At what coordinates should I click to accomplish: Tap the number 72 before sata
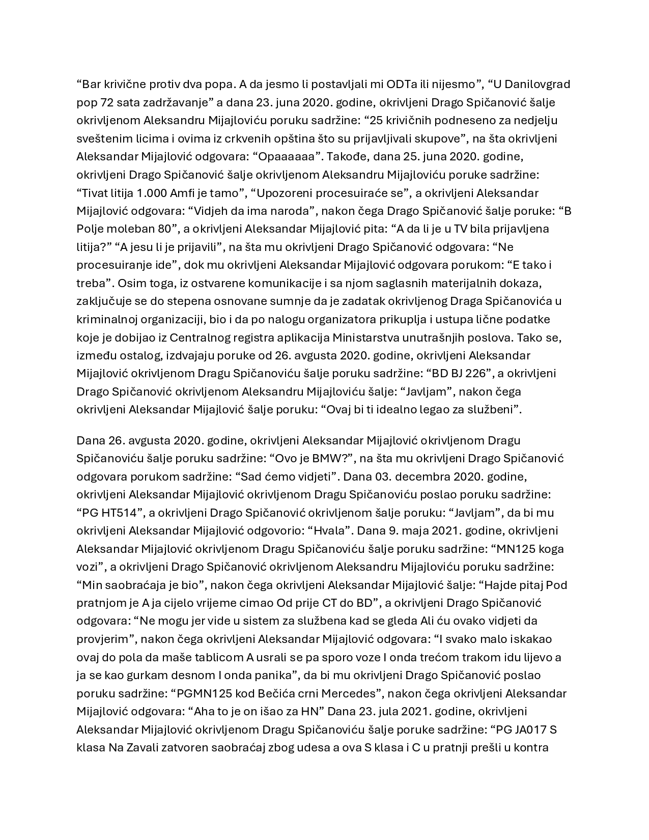point(108,102)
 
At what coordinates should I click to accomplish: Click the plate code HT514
point(118,513)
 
